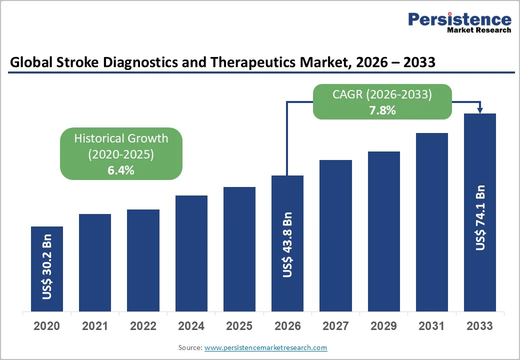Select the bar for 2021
(x=95, y=262)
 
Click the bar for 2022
(x=143, y=260)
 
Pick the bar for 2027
(x=335, y=235)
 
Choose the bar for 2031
(x=431, y=222)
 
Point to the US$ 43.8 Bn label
(x=287, y=244)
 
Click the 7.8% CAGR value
(x=382, y=110)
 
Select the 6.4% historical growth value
(x=121, y=170)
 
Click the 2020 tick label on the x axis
(x=47, y=326)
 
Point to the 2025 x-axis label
(x=239, y=326)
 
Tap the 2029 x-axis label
(x=383, y=326)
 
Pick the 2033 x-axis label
(x=479, y=326)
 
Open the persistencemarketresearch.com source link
(x=265, y=347)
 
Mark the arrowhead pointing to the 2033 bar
(x=480, y=110)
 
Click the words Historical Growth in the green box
(x=121, y=138)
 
